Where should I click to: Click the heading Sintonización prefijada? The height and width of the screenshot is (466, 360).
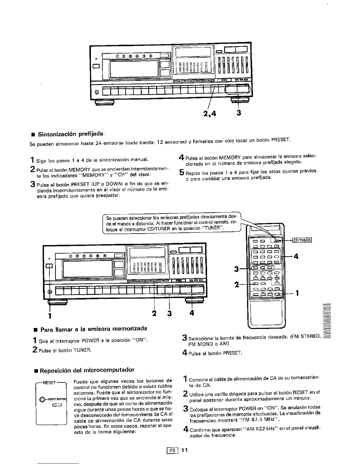[x=71, y=135]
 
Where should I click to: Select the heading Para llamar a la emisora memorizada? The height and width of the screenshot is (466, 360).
[x=93, y=328]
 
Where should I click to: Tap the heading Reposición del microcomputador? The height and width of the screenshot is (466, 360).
[x=87, y=370]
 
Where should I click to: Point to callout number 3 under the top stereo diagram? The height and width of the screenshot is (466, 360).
[x=239, y=113]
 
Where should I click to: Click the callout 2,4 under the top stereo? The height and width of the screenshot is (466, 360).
[x=209, y=113]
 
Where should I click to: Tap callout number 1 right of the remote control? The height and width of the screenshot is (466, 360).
[x=297, y=293]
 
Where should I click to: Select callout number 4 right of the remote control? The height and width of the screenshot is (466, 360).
[x=296, y=257]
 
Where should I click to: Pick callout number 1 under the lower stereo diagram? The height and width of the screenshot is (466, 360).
[x=50, y=316]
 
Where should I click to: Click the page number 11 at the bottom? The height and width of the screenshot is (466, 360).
[x=184, y=450]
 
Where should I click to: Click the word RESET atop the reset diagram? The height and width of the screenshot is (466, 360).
[x=49, y=383]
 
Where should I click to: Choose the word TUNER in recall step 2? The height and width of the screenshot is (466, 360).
[x=83, y=350]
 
